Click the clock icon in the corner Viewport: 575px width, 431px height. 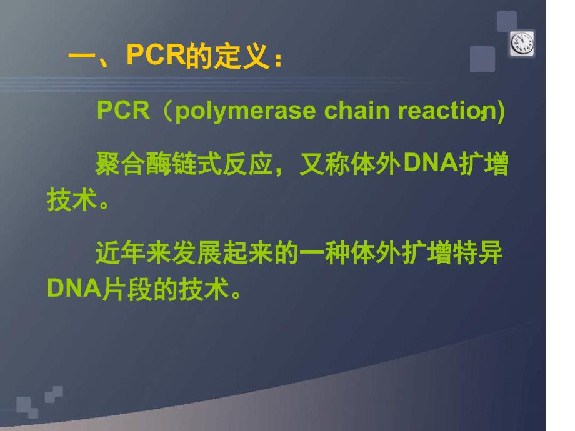tap(522, 44)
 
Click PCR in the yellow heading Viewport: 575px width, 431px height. tap(156, 54)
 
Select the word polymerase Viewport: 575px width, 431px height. tap(246, 111)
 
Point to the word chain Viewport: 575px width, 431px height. tap(357, 110)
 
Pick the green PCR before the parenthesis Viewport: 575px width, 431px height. tap(123, 109)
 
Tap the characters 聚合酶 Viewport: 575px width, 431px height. tap(133, 164)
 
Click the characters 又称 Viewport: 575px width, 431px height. tap(325, 164)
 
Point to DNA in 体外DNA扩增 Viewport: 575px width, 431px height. tap(431, 162)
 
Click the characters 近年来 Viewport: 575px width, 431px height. tap(133, 252)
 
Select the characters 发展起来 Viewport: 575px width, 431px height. tap(222, 252)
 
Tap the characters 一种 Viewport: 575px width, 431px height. tap(325, 252)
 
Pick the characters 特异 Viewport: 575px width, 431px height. tap(478, 252)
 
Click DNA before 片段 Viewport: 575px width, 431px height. tap(74, 288)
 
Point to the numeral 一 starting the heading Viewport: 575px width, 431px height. tap(82, 56)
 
